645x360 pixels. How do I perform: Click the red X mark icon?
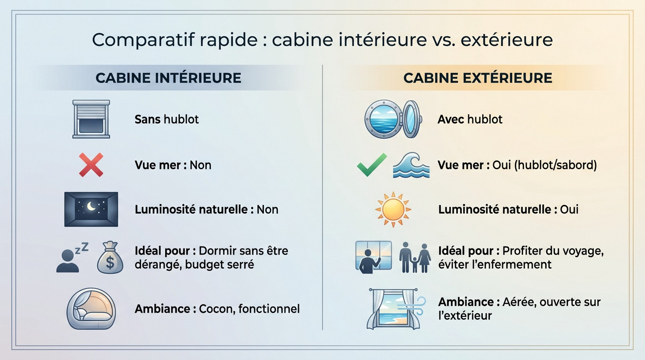(x=91, y=165)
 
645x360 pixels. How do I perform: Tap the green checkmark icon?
(x=372, y=165)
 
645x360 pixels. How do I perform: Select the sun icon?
(x=393, y=209)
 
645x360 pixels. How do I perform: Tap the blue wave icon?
(x=411, y=165)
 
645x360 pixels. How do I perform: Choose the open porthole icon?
(x=393, y=119)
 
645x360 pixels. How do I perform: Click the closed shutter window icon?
(x=91, y=119)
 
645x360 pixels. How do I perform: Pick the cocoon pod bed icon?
(x=91, y=308)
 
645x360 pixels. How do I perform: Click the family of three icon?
(x=414, y=257)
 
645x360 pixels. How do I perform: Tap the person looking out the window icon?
(x=373, y=257)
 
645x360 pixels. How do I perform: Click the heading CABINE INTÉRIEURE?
(x=168, y=78)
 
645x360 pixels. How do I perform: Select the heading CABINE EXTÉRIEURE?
(x=478, y=78)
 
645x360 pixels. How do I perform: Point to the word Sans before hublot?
(x=148, y=120)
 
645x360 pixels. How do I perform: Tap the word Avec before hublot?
(x=451, y=120)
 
